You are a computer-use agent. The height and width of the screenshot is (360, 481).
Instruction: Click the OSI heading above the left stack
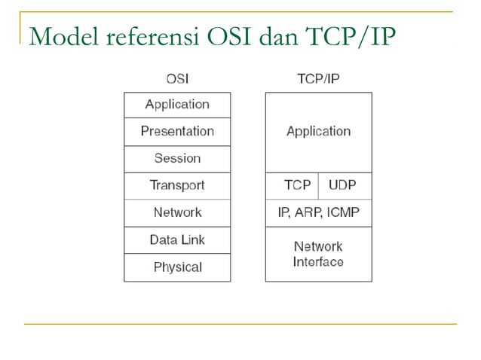tap(177, 78)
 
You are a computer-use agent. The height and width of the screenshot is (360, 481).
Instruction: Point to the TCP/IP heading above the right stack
tap(318, 78)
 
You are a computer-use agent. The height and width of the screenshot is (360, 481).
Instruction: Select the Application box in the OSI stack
tap(177, 105)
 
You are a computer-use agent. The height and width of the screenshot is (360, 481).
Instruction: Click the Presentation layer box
tap(177, 132)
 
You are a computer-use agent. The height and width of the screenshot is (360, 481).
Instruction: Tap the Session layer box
tap(177, 159)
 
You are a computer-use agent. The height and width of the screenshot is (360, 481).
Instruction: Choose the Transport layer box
tap(177, 186)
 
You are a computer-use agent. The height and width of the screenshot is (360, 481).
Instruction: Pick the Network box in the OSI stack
tap(177, 213)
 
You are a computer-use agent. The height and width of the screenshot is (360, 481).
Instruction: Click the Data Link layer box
tap(177, 240)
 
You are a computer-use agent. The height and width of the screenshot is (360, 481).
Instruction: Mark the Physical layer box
tap(177, 267)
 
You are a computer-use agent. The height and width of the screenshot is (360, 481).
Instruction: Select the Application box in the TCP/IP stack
tap(318, 132)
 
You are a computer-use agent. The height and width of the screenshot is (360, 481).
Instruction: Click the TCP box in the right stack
tap(292, 185)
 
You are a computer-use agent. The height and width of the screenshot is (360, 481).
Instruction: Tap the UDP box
tap(345, 185)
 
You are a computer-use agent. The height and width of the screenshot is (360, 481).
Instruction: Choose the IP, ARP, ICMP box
tap(318, 212)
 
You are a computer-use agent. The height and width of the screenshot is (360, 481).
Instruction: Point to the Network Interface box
tap(318, 254)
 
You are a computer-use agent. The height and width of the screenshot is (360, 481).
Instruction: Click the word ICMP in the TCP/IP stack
tap(344, 212)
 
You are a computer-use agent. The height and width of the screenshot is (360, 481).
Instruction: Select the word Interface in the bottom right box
tap(318, 262)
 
